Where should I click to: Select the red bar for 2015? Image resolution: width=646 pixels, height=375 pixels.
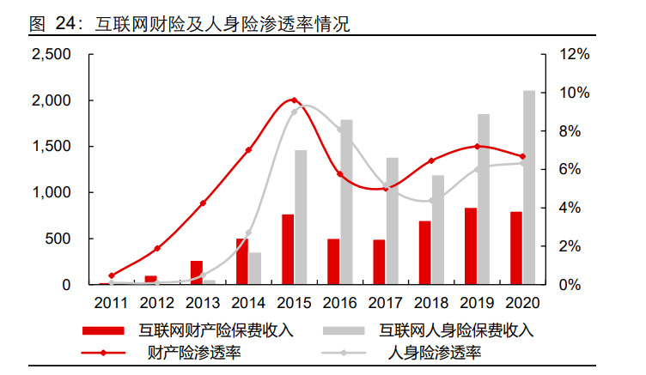(288, 250)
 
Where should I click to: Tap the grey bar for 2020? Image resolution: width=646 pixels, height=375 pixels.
(529, 187)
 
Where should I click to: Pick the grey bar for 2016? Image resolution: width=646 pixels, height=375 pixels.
(346, 203)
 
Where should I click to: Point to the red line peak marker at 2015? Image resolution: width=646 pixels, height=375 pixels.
(294, 100)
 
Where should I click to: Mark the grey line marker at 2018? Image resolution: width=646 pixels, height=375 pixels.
(431, 200)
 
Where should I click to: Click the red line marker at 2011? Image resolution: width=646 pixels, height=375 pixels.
(111, 275)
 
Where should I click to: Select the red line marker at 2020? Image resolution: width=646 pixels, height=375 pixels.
(522, 156)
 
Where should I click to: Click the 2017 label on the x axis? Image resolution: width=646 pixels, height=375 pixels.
(385, 302)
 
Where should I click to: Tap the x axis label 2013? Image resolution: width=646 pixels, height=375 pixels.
(203, 302)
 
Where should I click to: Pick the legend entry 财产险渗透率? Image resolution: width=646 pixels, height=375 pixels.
(194, 353)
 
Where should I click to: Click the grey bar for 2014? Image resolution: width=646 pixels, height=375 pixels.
(255, 269)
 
